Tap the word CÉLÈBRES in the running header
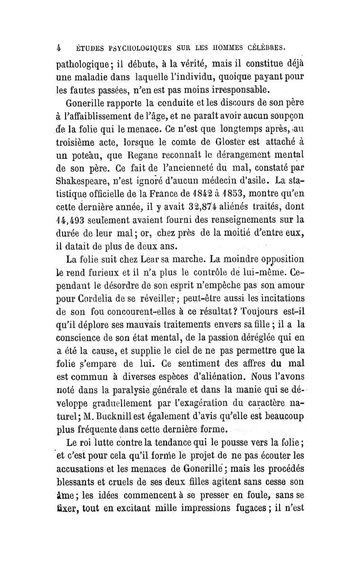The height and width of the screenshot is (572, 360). tap(265, 45)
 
